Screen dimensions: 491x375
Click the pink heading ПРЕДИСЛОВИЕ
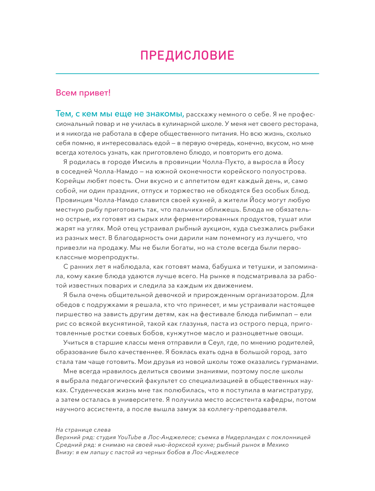click(x=187, y=56)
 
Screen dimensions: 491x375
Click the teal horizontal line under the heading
click(x=187, y=74)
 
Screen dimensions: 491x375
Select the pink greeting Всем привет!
click(x=83, y=93)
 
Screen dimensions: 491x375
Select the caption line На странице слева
click(x=83, y=430)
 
